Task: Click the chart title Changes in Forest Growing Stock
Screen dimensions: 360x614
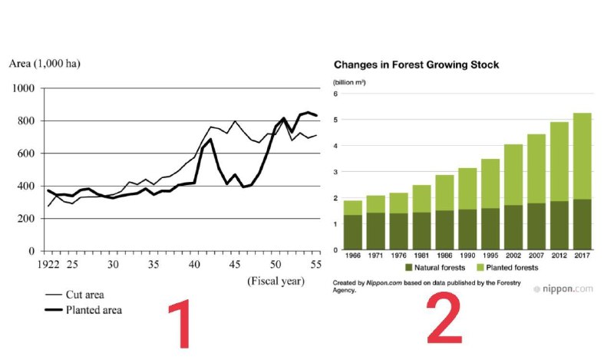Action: click(415, 65)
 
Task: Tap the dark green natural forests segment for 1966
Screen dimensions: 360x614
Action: click(352, 232)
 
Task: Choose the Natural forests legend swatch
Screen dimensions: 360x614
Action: click(409, 267)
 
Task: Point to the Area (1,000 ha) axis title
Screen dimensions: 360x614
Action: click(44, 64)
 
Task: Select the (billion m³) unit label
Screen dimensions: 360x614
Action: click(352, 81)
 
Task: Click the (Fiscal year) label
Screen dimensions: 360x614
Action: click(276, 281)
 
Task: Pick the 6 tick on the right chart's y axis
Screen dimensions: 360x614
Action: click(335, 94)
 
